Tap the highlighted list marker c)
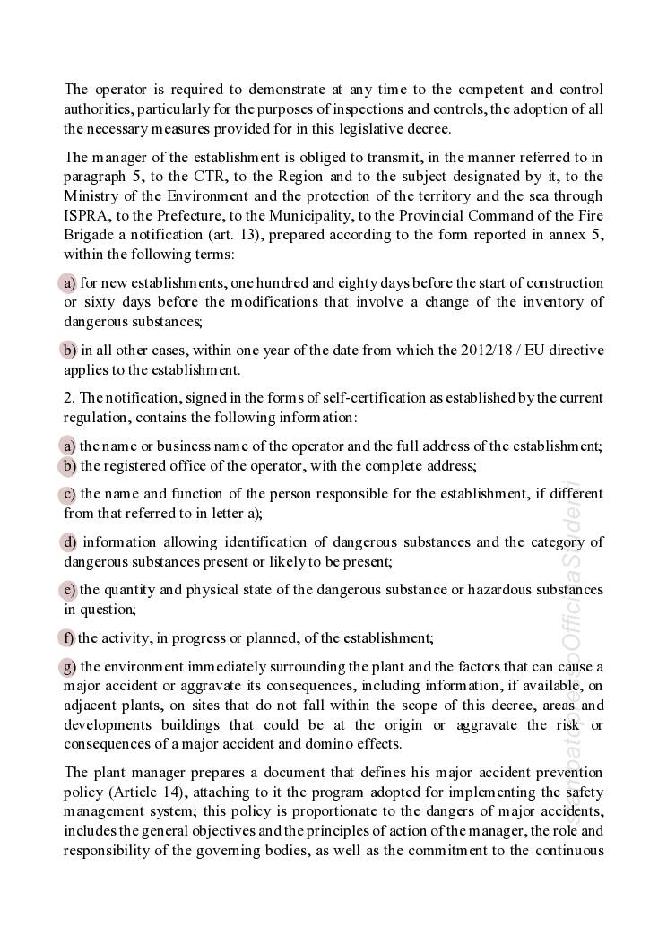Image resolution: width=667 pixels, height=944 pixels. [x=69, y=494]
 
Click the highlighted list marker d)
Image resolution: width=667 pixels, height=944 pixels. [x=69, y=542]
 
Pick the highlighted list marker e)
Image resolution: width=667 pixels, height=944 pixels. [x=69, y=590]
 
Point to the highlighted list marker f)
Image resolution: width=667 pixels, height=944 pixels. [x=68, y=638]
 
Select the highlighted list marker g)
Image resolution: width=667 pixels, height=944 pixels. [x=69, y=666]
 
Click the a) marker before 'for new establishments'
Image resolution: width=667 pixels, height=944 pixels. [x=69, y=283]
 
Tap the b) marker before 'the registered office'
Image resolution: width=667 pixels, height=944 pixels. [x=69, y=466]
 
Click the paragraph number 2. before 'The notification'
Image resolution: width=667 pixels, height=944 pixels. [x=69, y=397]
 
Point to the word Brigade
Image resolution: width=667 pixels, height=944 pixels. [x=88, y=235]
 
